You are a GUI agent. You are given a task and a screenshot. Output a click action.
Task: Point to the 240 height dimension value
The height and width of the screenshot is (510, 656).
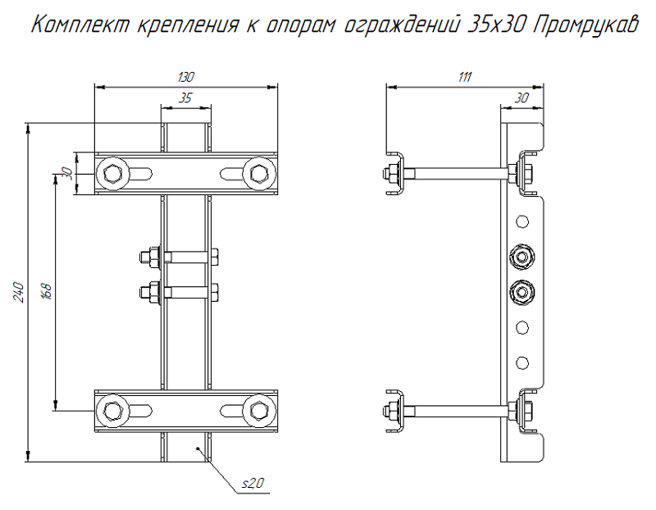[x=19, y=292]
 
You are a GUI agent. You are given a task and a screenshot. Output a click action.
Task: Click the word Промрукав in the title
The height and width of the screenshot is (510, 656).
[x=584, y=25]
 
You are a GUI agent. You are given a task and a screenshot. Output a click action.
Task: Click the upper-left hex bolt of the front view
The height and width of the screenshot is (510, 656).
[x=112, y=173]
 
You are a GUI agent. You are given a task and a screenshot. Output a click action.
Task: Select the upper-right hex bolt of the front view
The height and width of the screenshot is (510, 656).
[x=259, y=173]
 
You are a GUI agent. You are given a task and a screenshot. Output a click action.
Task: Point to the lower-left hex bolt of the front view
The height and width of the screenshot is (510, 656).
[x=112, y=408]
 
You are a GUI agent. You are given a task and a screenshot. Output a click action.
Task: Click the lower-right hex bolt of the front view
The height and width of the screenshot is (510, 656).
[x=259, y=408]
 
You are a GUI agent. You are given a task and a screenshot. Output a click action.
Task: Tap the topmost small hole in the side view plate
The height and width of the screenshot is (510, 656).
[x=521, y=221]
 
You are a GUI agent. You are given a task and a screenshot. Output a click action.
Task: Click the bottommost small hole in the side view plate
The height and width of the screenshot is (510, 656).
[x=521, y=361]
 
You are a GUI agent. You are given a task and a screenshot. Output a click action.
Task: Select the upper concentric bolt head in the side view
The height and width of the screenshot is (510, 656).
[x=521, y=257]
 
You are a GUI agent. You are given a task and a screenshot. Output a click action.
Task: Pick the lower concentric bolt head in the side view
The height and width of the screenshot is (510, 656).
[x=521, y=291]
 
